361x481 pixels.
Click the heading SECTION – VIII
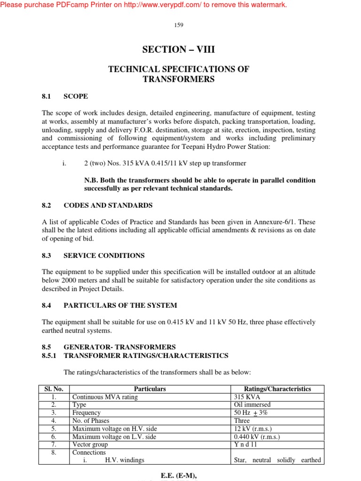[x=179, y=50]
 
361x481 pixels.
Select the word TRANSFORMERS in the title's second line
[x=179, y=79]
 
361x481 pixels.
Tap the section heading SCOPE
[x=76, y=96]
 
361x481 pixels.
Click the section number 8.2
[x=46, y=205]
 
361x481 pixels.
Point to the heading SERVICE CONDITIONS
[x=104, y=256]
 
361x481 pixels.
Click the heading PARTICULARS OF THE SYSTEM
[x=120, y=305]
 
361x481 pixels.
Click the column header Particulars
[x=150, y=389]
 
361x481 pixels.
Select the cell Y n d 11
[x=245, y=445]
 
